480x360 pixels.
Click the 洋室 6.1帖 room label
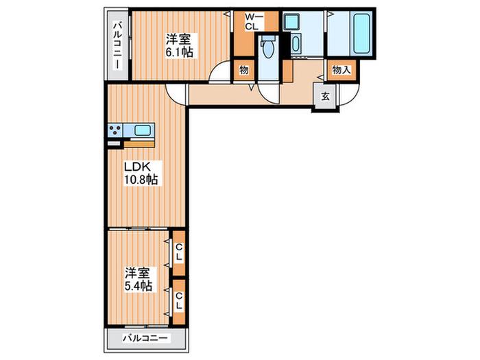click(180, 46)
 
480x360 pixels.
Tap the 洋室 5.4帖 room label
click(138, 279)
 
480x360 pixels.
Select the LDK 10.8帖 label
click(141, 173)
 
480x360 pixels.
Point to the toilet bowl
click(269, 48)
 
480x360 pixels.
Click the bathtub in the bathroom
click(361, 34)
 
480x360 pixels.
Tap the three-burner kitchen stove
click(115, 130)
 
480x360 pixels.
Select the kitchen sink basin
click(143, 131)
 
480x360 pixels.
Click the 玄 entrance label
click(326, 97)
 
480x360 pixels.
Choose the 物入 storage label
click(341, 70)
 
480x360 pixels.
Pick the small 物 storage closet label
click(244, 70)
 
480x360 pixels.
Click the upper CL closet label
click(179, 252)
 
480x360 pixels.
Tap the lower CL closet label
click(179, 300)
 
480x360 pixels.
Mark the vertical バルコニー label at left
click(117, 45)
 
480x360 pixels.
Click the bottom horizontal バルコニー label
click(145, 338)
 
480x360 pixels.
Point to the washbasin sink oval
click(296, 44)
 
